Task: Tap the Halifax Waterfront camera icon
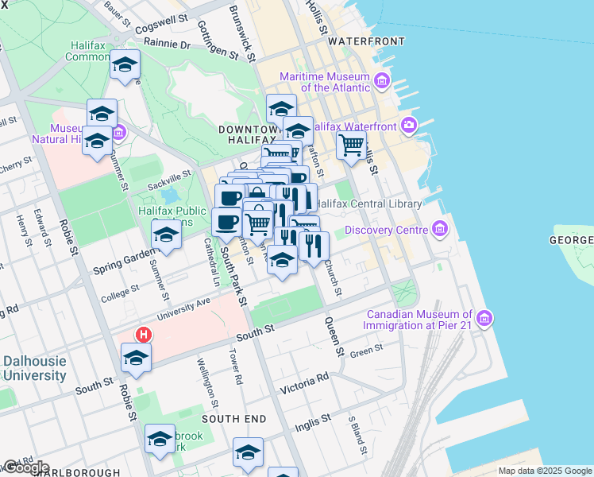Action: [x=409, y=125]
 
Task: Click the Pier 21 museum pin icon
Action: [x=484, y=319]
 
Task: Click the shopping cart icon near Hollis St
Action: [x=350, y=145]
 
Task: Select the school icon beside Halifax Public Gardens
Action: [x=166, y=235]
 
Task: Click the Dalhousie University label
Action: [x=34, y=368]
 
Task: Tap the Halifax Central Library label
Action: [x=369, y=204]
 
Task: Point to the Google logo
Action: [x=26, y=467]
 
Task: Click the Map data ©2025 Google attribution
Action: [x=544, y=471]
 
